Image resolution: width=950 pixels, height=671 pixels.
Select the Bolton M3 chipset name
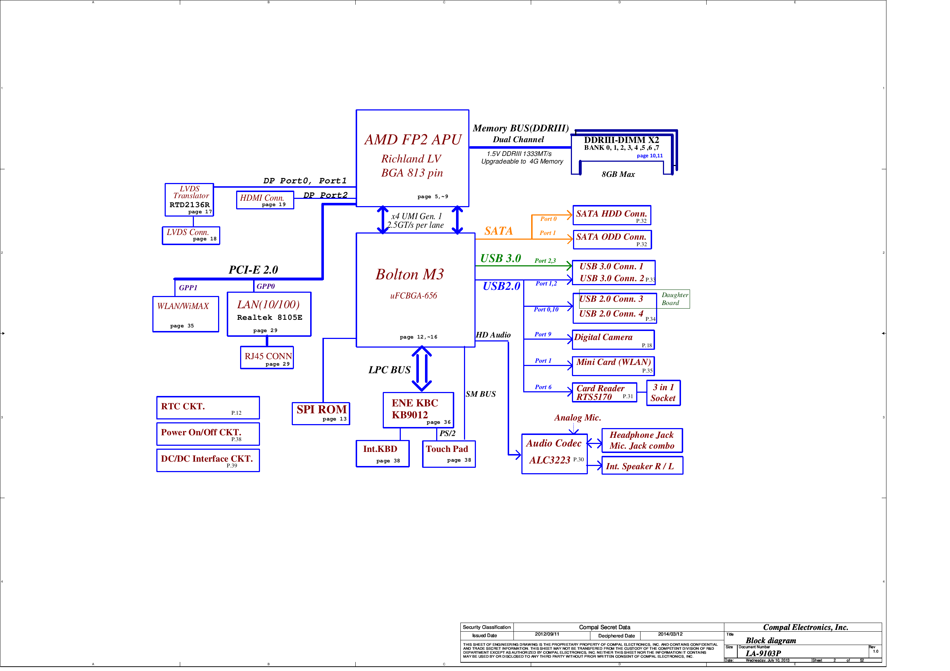click(x=409, y=275)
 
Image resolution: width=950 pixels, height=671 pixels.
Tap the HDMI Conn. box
click(x=265, y=200)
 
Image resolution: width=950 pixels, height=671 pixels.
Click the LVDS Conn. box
click(x=191, y=235)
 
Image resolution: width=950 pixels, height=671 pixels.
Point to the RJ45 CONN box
click(x=267, y=358)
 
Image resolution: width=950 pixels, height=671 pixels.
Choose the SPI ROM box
click(x=321, y=413)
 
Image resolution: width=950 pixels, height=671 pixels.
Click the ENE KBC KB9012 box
click(x=418, y=410)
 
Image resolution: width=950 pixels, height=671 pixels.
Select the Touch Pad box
click(x=448, y=454)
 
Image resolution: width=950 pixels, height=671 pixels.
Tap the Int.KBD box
click(x=382, y=454)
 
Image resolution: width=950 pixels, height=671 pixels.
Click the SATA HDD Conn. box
click(x=612, y=215)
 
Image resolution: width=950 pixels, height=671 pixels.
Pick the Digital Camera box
click(x=613, y=340)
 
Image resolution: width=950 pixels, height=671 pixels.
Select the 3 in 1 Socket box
click(x=663, y=393)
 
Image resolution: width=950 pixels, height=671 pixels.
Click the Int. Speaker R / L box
click(x=642, y=466)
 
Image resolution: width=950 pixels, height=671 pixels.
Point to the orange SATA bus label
click(x=498, y=231)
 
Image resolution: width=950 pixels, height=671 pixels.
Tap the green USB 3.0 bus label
click(x=500, y=258)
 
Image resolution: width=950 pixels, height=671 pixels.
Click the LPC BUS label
click(x=389, y=370)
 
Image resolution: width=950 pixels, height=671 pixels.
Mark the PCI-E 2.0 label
click(x=253, y=270)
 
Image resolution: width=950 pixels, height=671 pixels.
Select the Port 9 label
click(x=543, y=334)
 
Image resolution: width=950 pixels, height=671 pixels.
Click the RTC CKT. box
click(x=208, y=408)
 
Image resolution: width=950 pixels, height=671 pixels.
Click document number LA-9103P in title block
click(x=763, y=654)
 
